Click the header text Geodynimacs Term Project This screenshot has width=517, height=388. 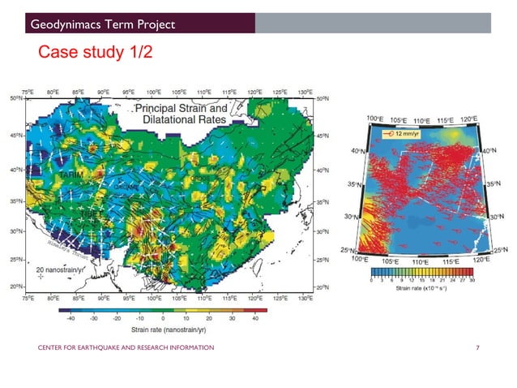pos(103,26)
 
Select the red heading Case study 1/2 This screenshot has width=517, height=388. pos(92,54)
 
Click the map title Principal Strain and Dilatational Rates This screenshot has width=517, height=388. pos(180,114)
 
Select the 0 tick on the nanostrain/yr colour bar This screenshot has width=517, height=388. pos(164,318)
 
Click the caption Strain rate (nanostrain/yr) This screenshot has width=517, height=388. pos(163,329)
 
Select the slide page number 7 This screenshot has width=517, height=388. pos(478,347)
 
